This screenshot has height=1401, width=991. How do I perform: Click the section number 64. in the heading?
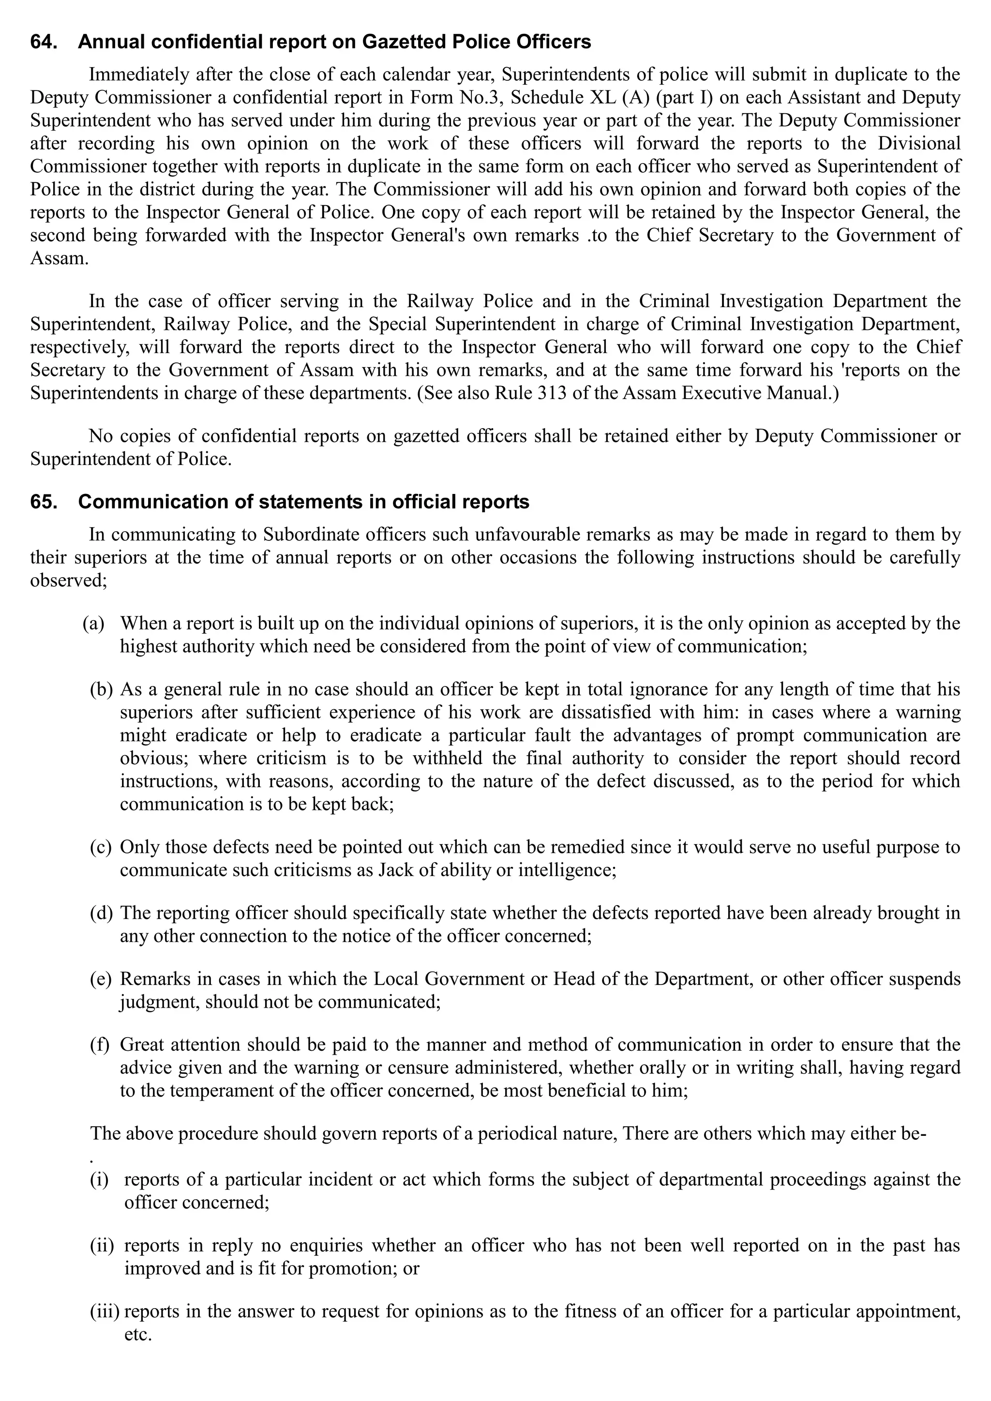coord(44,42)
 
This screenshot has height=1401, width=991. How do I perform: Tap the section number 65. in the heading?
coord(44,502)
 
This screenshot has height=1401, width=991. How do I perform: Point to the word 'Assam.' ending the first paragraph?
coord(59,258)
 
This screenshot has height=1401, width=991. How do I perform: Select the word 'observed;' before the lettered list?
coord(68,581)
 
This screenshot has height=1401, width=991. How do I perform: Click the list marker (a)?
coord(93,624)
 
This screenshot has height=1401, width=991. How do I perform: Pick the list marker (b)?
coord(101,689)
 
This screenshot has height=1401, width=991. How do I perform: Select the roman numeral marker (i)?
coord(99,1179)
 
